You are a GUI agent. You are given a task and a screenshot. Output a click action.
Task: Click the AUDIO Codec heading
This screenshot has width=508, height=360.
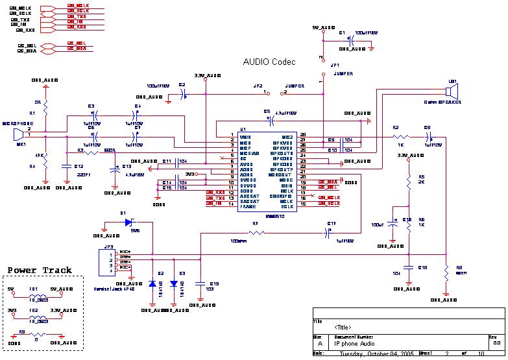click(269, 62)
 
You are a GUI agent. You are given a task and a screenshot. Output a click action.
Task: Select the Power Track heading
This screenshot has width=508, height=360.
click(40, 270)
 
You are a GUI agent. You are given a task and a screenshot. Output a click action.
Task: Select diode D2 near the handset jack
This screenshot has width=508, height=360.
click(152, 283)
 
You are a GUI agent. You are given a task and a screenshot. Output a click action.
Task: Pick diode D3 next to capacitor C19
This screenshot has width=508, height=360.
click(174, 283)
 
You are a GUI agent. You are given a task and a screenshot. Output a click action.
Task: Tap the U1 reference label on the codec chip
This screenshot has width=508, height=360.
click(243, 130)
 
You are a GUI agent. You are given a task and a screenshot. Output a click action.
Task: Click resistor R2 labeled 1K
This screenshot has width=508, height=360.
click(400, 137)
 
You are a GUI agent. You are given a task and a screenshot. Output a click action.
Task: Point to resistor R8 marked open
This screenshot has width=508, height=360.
click(446, 273)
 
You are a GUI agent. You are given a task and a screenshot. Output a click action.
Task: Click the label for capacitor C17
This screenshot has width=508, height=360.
click(332, 224)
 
